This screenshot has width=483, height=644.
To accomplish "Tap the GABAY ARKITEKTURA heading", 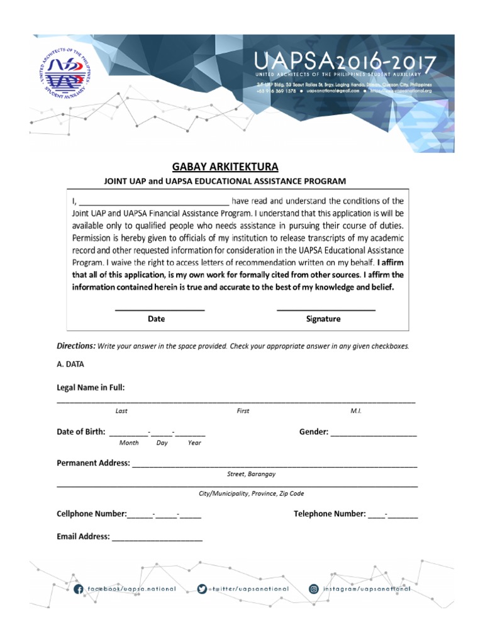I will click(225, 167).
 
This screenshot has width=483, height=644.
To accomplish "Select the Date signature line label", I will click(156, 319).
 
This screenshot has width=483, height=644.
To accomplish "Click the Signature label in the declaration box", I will click(323, 319).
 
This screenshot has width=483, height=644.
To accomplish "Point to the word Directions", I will click(76, 346).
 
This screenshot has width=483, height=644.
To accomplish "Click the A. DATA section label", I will click(70, 364).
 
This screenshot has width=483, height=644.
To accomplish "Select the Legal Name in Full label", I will click(91, 387).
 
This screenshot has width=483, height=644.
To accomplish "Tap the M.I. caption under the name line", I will click(356, 411).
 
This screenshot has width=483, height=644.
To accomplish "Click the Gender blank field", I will click(374, 433).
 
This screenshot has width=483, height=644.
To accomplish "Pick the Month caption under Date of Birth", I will click(128, 443).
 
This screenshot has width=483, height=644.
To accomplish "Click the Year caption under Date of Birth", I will click(194, 443).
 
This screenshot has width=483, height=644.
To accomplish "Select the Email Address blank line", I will click(157, 538).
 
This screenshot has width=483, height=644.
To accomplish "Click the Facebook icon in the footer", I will click(79, 589).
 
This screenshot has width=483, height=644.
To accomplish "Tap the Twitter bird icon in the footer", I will click(202, 589).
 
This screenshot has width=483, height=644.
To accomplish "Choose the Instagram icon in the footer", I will click(314, 589).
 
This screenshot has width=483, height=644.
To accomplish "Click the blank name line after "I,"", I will click(155, 203).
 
